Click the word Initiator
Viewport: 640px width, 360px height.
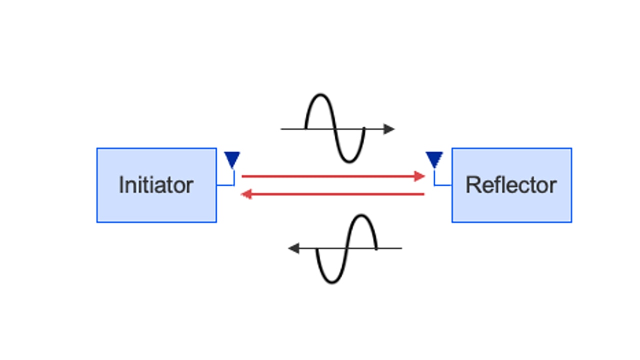(x=156, y=185)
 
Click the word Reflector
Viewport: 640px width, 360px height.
(x=511, y=185)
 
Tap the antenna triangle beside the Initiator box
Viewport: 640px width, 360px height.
(x=232, y=159)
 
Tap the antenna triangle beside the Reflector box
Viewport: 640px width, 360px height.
(x=434, y=159)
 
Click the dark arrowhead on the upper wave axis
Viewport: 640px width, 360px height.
(x=389, y=129)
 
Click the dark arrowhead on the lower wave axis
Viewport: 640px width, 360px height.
(x=294, y=248)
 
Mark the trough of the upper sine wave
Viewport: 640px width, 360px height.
(x=349, y=161)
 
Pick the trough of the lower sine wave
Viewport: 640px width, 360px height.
(x=331, y=282)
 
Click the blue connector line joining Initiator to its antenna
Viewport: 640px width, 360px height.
(x=226, y=185)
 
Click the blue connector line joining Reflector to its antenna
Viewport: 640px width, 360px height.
(x=442, y=185)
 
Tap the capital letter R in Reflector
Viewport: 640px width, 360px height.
(x=472, y=185)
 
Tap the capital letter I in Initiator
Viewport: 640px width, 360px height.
(x=121, y=185)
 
